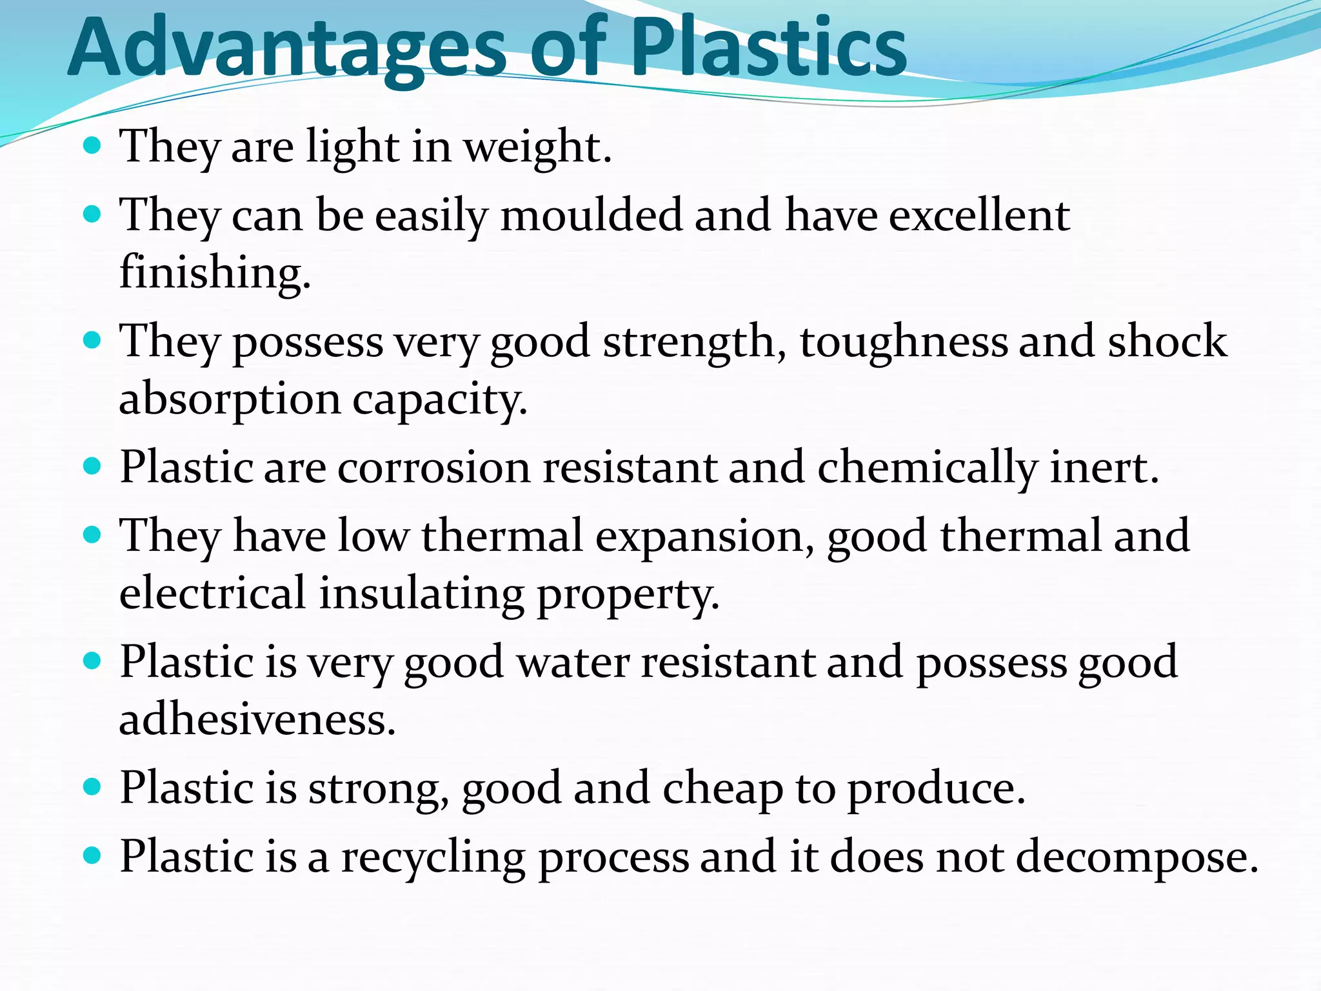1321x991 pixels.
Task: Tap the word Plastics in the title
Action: tap(769, 48)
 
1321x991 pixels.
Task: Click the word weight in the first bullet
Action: tap(537, 147)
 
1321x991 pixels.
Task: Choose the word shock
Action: tap(1167, 341)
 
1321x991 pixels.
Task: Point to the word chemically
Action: tap(928, 468)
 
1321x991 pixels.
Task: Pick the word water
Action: tap(573, 663)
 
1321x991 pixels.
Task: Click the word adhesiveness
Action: tap(257, 719)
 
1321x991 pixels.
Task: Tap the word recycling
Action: tap(433, 858)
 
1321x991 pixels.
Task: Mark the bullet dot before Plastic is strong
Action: tap(93, 786)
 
